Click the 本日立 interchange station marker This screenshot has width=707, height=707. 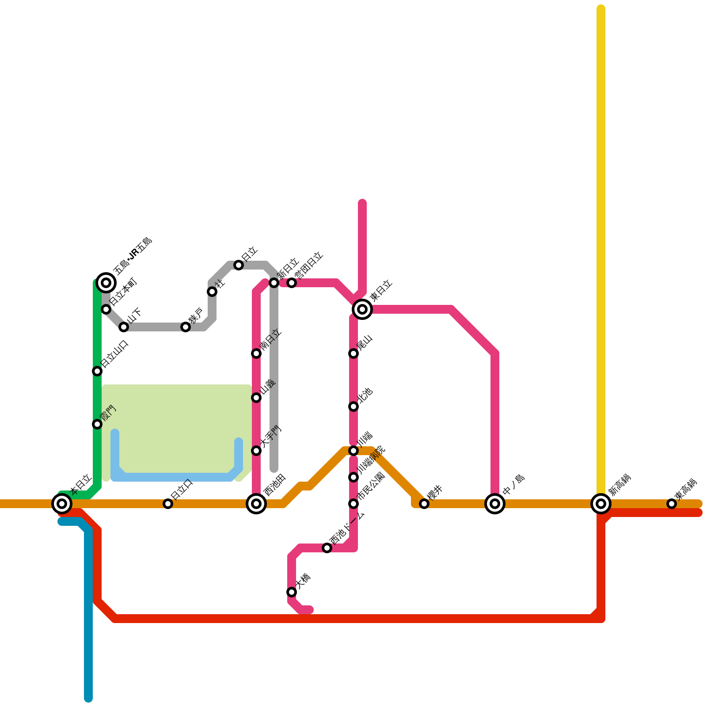tap(62, 503)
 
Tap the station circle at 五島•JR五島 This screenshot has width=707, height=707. tap(106, 282)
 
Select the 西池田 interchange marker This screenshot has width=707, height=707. tap(256, 503)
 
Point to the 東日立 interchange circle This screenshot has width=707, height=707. tap(362, 309)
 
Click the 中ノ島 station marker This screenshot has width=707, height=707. tap(495, 503)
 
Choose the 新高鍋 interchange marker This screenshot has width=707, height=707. tap(601, 503)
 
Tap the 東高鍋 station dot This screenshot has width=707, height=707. tap(672, 503)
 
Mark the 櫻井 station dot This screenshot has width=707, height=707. tap(424, 504)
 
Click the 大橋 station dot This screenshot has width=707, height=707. tap(292, 592)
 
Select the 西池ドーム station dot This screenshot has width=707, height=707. tap(327, 548)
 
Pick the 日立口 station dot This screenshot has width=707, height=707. tap(168, 504)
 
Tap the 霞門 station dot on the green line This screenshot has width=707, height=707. tap(97, 424)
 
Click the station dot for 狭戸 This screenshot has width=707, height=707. tap(186, 327)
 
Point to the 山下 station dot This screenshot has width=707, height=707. tap(124, 327)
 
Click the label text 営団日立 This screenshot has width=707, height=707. tap(309, 265)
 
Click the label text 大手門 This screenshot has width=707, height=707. tap(271, 436)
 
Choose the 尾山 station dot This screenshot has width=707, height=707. tap(353, 353)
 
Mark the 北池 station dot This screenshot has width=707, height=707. tap(353, 407)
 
